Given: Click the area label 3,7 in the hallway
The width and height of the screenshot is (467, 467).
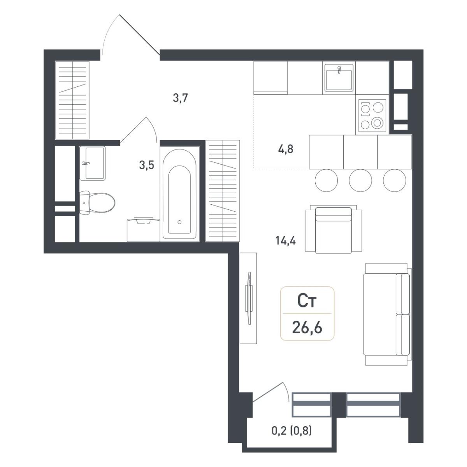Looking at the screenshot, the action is [x=180, y=98].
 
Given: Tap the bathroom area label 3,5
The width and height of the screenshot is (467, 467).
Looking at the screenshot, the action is [x=147, y=165].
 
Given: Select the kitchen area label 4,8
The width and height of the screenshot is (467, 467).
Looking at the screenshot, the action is [x=286, y=149].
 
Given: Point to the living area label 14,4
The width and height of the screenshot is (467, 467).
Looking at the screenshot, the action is [x=286, y=241].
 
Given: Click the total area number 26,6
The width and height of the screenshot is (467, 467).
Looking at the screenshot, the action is [x=307, y=328].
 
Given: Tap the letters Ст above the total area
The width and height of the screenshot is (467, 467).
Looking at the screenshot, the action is [x=307, y=302].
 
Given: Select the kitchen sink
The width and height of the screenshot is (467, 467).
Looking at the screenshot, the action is [x=339, y=78].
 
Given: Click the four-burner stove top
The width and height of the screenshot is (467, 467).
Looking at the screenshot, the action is [x=372, y=116].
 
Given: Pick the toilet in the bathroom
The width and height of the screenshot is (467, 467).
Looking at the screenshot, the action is [x=97, y=203].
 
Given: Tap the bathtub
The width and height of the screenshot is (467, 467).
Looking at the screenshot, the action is [x=179, y=194].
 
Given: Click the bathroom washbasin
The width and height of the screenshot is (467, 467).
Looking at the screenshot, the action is [x=92, y=163].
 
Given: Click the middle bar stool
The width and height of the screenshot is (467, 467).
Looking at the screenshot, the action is [x=360, y=181].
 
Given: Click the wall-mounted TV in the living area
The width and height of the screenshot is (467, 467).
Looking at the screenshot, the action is [x=249, y=298].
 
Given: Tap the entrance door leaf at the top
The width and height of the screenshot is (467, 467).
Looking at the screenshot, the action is [x=139, y=35].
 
